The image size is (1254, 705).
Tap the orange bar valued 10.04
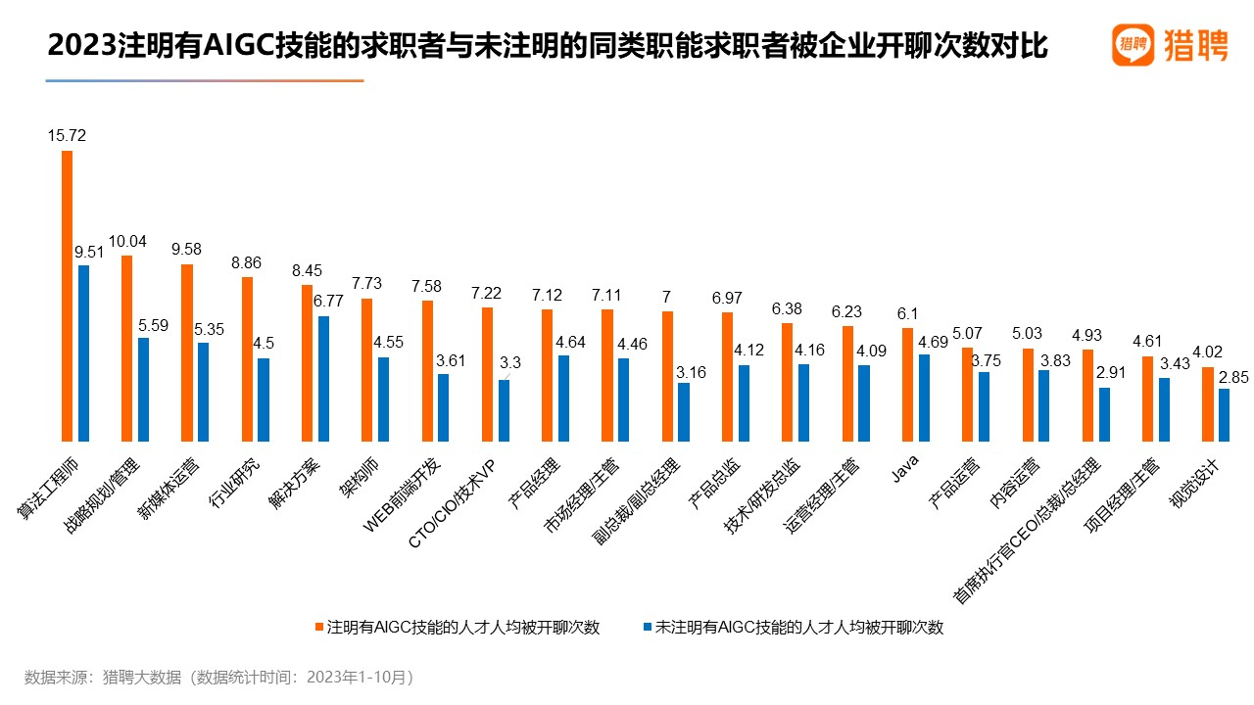126,349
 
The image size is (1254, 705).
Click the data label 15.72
67,136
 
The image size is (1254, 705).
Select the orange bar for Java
907,386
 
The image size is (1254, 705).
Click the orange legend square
318,627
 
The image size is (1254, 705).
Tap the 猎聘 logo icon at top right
1133,45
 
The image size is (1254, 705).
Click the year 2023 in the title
79,46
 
